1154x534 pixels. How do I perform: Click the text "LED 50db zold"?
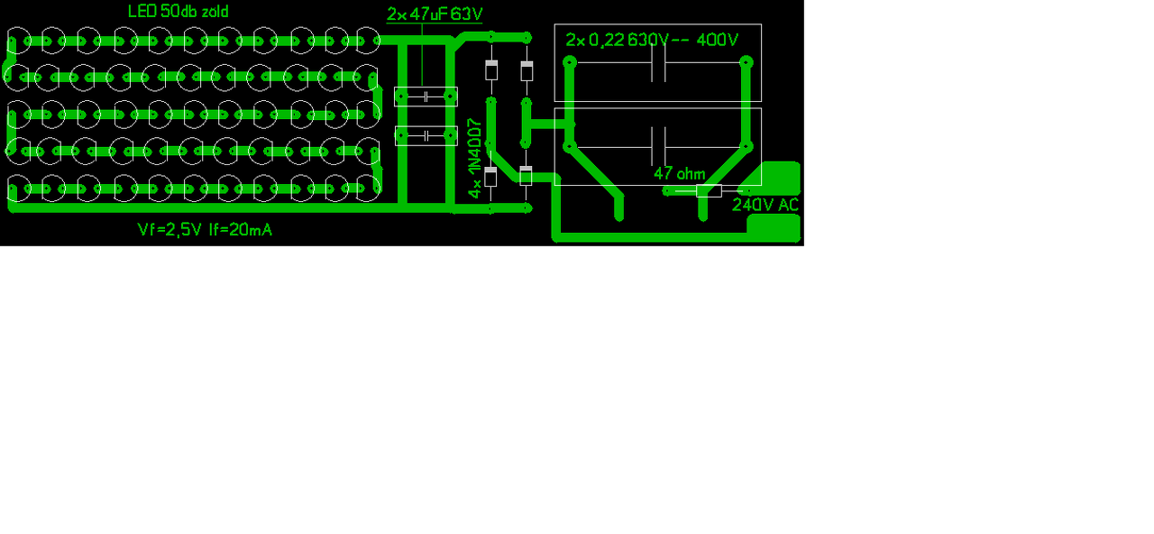(x=178, y=12)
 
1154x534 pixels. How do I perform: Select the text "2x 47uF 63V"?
(x=435, y=14)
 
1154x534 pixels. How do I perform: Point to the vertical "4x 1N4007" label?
(x=475, y=159)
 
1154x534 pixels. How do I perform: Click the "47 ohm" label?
(x=679, y=173)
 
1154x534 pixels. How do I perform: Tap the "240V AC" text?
(x=765, y=205)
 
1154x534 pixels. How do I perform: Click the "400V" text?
(x=718, y=41)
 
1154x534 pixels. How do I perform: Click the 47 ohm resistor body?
(x=709, y=190)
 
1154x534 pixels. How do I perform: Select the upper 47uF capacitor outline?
(x=426, y=97)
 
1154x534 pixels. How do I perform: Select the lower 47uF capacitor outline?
(x=426, y=135)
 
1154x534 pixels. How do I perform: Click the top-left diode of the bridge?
(x=491, y=69)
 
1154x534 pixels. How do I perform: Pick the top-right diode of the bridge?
(x=527, y=69)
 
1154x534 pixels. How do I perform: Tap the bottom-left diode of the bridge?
(x=491, y=177)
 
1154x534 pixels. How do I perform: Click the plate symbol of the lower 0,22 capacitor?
(x=658, y=145)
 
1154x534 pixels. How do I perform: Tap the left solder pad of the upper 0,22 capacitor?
(x=570, y=63)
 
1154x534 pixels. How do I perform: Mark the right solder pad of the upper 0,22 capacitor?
(x=746, y=63)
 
